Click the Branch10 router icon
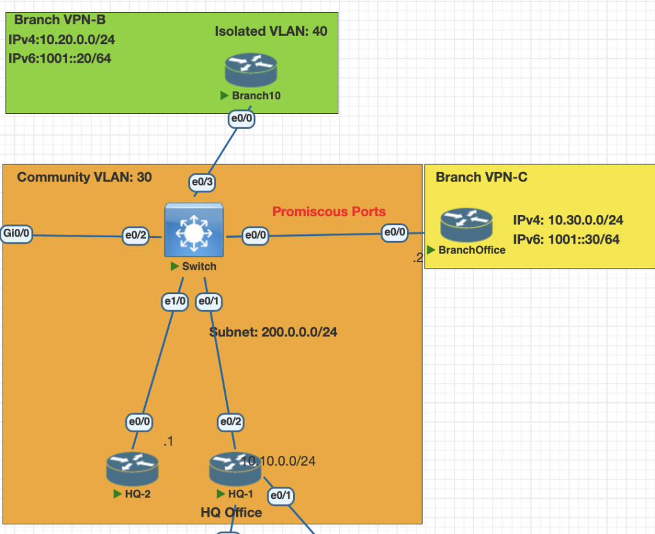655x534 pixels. [251, 70]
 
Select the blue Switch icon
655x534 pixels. [193, 230]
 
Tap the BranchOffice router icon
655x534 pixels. [466, 225]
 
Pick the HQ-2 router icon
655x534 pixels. [132, 469]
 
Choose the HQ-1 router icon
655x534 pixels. [235, 469]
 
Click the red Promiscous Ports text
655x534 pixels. [329, 212]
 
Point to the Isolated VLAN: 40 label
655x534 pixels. [271, 31]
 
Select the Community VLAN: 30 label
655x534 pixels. [84, 177]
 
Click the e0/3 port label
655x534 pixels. [202, 183]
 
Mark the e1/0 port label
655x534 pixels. [175, 301]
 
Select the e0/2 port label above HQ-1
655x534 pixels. [230, 422]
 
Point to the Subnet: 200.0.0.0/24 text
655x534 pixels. [273, 333]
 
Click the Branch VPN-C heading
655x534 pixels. [482, 177]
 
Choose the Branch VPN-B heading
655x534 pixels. [59, 20]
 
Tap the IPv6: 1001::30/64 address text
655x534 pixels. [566, 240]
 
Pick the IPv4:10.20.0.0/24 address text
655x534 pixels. [62, 40]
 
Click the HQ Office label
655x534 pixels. [231, 513]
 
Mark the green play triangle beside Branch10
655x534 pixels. [225, 95]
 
